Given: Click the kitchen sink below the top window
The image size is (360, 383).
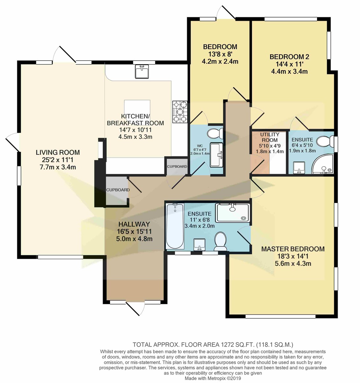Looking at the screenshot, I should pyautogui.click(x=142, y=71).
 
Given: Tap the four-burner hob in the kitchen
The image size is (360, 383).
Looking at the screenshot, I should pyautogui.click(x=180, y=112).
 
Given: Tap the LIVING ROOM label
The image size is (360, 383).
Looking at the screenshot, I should pyautogui.click(x=58, y=153).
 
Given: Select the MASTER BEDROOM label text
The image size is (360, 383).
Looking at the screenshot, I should pyautogui.click(x=293, y=249).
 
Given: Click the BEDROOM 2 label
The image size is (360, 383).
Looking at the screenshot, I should pyautogui.click(x=289, y=57).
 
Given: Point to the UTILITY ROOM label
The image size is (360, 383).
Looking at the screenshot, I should pyautogui.click(x=269, y=137).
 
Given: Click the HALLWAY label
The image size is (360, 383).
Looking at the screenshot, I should pyautogui.click(x=134, y=224).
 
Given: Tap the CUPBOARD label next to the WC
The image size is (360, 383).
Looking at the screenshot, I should pyautogui.click(x=177, y=167).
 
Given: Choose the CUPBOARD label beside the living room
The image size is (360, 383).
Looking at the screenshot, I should pyautogui.click(x=118, y=190).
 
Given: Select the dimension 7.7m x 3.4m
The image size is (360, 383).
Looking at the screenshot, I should pyautogui.click(x=58, y=167).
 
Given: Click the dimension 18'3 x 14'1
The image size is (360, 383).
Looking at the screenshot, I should pyautogui.click(x=293, y=256).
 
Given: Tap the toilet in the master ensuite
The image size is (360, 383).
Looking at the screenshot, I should pyautogui.click(x=220, y=241).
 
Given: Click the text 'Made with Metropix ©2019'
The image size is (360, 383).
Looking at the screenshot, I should pyautogui.click(x=213, y=378).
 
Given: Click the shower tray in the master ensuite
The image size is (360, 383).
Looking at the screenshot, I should pyautogui.click(x=232, y=213).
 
